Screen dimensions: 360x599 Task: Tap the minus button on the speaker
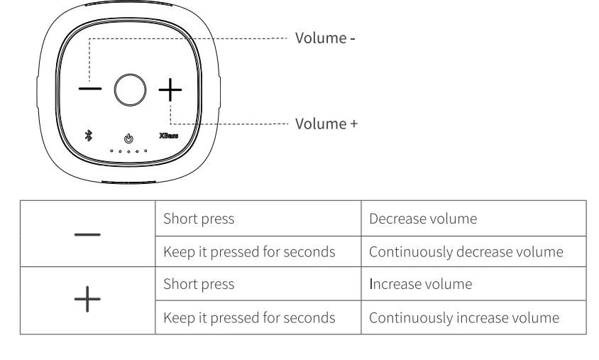coord(89,89)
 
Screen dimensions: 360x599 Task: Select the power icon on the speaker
coord(128,138)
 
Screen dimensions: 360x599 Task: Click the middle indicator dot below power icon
coord(128,151)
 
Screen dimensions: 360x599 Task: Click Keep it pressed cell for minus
coord(249,252)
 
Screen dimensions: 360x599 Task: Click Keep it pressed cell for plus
coord(249,317)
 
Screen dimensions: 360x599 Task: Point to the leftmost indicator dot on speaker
coord(111,151)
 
